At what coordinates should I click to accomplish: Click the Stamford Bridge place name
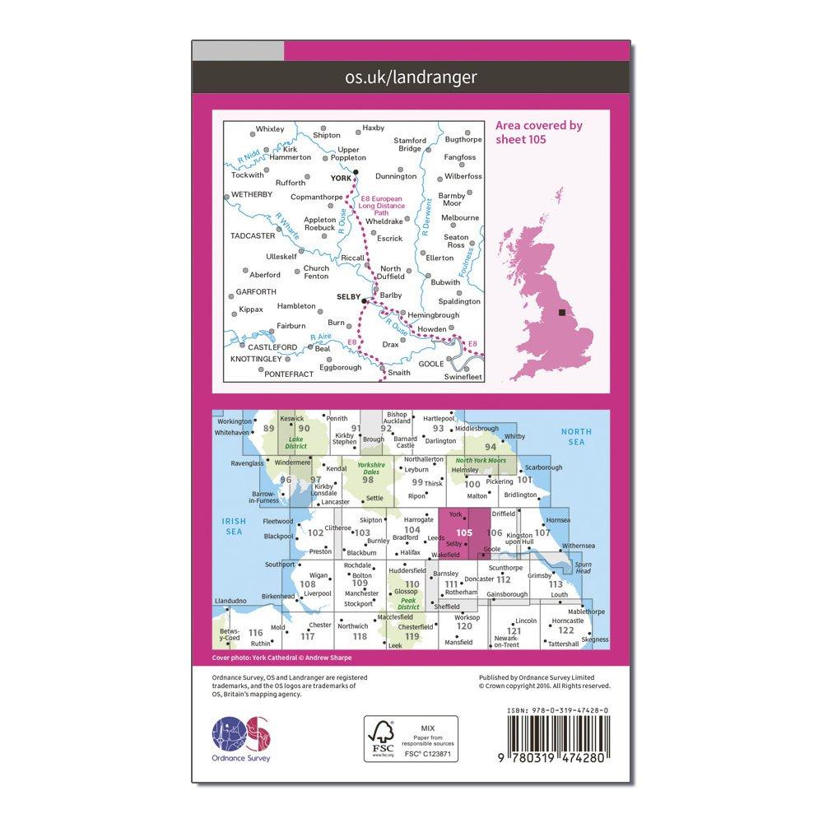[410, 145]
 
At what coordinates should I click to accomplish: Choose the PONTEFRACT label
[289, 374]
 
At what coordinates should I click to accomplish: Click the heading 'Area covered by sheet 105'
[538, 133]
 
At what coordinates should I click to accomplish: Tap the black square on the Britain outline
[562, 313]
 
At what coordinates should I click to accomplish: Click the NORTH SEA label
[575, 437]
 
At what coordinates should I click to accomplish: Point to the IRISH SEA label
[231, 527]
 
